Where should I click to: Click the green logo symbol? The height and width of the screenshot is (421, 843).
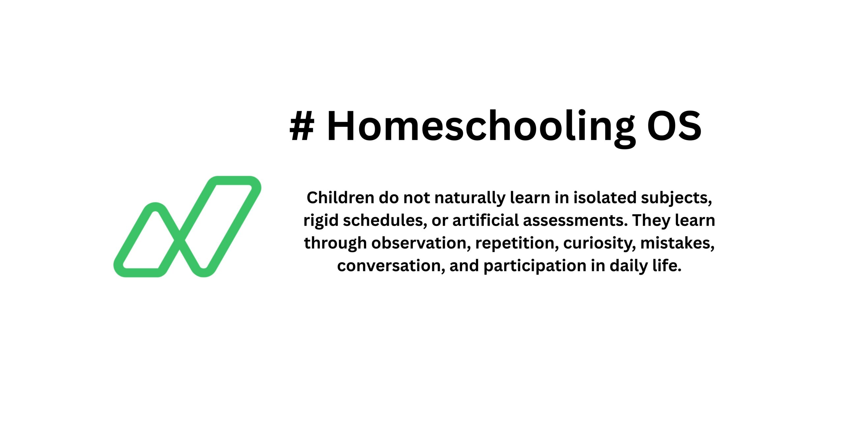tap(187, 227)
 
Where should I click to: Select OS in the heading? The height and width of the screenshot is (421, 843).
tap(674, 127)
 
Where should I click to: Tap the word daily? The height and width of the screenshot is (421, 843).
tap(629, 266)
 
